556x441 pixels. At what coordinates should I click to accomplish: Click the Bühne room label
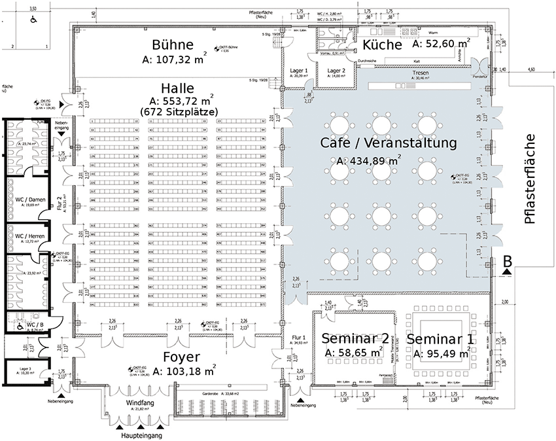[x=172, y=45]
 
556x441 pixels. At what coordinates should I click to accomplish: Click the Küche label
[x=381, y=44]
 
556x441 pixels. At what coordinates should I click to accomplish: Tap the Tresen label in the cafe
[x=421, y=73]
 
